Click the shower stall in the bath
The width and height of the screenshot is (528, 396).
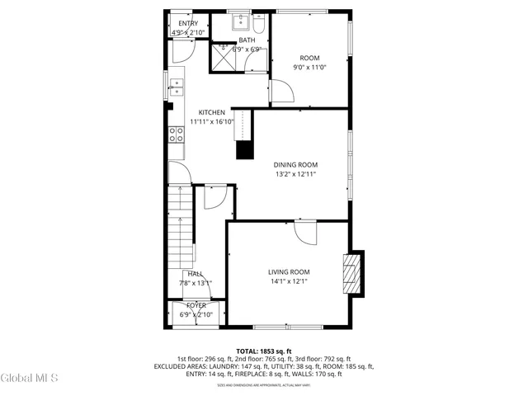click(223, 56)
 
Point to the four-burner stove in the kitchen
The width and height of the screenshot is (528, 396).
click(177, 134)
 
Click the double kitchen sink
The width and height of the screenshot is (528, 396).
click(177, 86)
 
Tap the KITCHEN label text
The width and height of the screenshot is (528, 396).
click(212, 112)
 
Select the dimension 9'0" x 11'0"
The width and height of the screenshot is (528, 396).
click(310, 68)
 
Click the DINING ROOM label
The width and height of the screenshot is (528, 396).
click(295, 164)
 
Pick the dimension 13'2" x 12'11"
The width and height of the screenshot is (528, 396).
click(295, 174)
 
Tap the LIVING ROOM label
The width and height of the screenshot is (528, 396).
click(288, 271)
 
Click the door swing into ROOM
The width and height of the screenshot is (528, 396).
click(282, 94)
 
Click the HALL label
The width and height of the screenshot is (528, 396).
click(196, 274)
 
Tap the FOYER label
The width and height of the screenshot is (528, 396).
click(196, 305)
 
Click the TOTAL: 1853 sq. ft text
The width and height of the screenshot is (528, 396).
click(264, 351)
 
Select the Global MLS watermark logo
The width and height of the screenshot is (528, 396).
click(29, 378)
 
